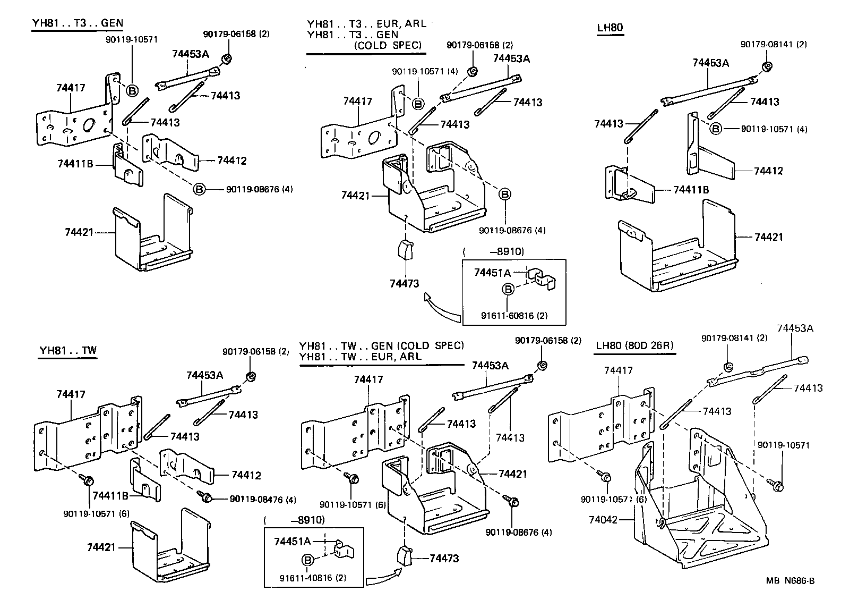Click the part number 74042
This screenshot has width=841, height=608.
point(604,519)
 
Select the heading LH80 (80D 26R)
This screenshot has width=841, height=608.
point(634,345)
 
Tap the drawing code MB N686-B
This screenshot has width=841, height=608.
point(789,581)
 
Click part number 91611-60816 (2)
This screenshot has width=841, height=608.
point(514,315)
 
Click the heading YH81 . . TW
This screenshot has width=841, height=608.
point(67,351)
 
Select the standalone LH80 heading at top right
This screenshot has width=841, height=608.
point(610,28)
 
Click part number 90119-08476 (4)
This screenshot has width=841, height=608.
point(263,499)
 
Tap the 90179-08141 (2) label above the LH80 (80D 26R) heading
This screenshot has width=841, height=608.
point(734,338)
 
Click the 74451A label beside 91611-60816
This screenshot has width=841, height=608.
point(492,273)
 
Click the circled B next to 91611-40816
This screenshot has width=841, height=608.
point(307,560)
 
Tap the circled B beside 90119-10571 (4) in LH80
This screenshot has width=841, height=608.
point(716,128)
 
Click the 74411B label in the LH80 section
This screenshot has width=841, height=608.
point(691,190)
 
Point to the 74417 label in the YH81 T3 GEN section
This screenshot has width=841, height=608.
point(71,88)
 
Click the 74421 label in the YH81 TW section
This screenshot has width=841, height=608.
point(101,546)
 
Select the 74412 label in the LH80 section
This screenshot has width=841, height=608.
point(768,171)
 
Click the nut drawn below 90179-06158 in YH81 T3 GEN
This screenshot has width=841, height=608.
point(227,58)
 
